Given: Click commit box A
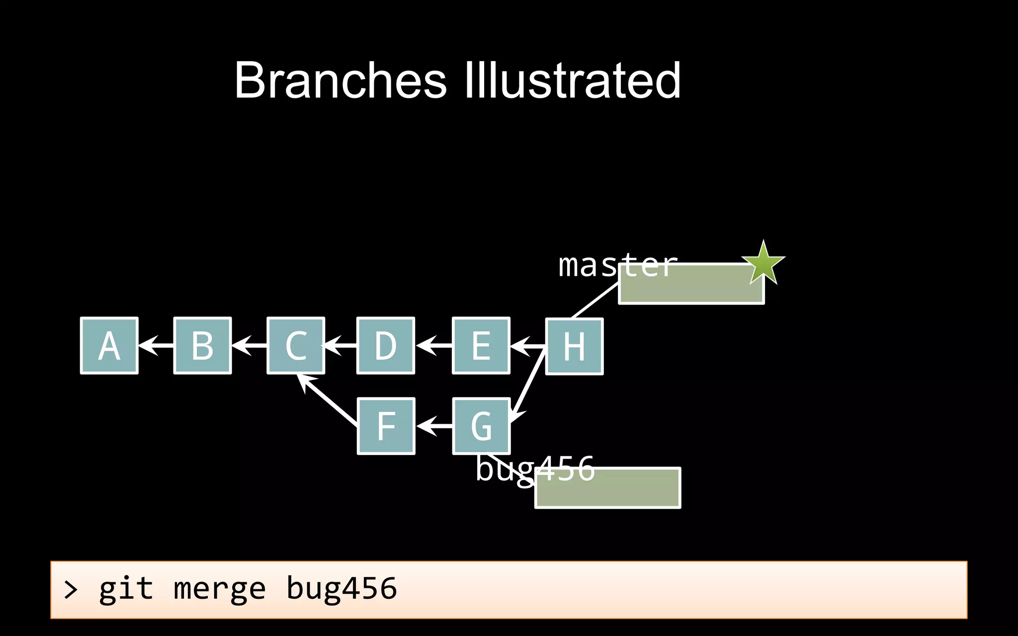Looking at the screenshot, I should coord(109,346).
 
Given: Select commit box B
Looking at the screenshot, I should coord(203,346).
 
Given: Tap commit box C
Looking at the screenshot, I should coord(296,346).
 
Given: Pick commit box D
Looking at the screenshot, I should coord(386,346).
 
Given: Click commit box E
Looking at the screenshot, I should coord(481,346).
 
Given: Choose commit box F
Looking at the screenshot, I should coord(386,426).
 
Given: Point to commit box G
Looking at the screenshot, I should coord(481,426).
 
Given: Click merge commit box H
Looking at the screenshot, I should coord(575,346).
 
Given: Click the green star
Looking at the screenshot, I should coord(763,263).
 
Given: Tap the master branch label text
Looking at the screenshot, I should coord(618,265).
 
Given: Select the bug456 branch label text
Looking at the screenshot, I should coord(535,469).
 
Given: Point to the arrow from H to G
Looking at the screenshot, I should coord(528,385).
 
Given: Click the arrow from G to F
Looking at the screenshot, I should coord(434,426).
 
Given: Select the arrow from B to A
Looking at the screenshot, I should coord(156,345).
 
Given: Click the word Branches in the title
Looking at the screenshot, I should coord(340,80).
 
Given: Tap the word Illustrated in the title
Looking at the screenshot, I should coord(572,80).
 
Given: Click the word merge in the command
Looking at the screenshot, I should coord(220,589).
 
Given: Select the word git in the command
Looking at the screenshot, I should coord(126,589).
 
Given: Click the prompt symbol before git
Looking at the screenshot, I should coord(71,590).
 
